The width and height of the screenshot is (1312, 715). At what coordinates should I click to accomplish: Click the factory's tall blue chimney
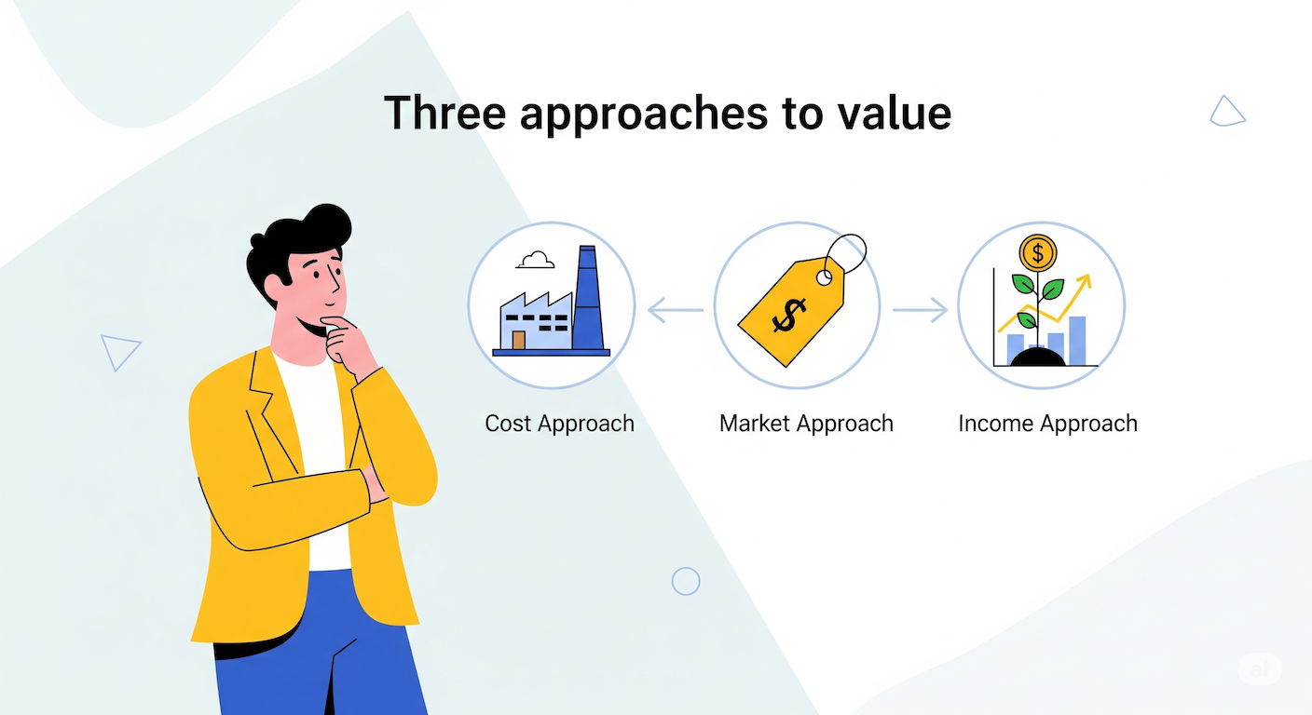(x=588, y=299)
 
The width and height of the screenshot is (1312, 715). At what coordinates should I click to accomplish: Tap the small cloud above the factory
(x=535, y=260)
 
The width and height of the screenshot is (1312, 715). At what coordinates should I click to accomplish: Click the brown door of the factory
(x=518, y=340)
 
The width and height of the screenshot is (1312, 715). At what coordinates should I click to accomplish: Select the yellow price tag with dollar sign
(x=791, y=311)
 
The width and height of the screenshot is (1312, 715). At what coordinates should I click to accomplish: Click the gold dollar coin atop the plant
(x=1038, y=253)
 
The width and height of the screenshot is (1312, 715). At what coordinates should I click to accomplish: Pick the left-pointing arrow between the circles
(x=676, y=310)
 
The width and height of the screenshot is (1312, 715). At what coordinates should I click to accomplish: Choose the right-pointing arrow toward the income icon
(x=920, y=310)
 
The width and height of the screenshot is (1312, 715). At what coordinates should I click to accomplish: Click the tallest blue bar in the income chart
(x=1077, y=341)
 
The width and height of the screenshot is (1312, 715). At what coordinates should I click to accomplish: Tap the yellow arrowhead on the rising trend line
(x=1084, y=283)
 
